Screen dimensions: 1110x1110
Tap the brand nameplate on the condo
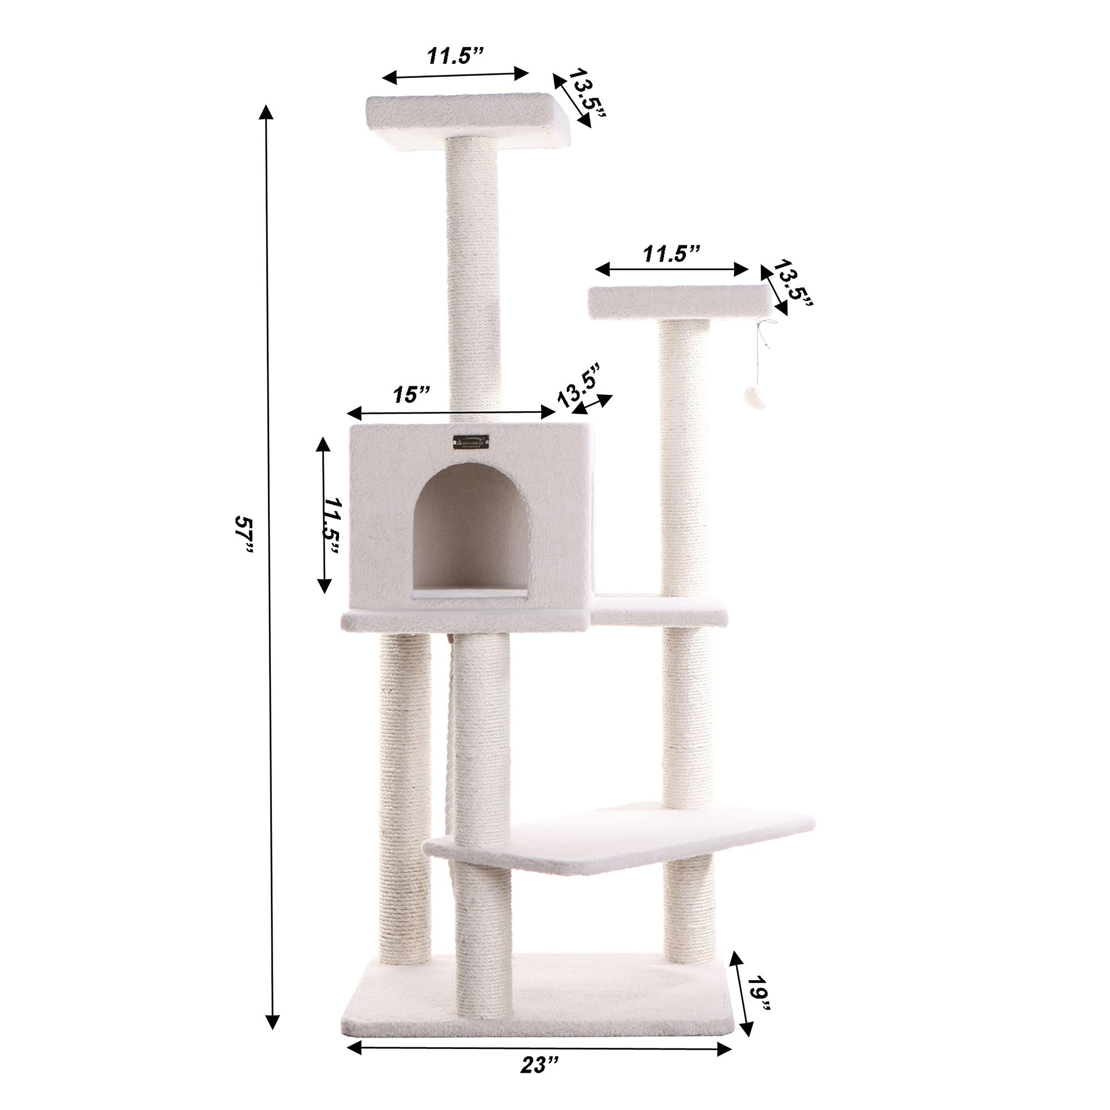(x=472, y=442)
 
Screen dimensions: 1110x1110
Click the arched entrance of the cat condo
(x=471, y=534)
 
